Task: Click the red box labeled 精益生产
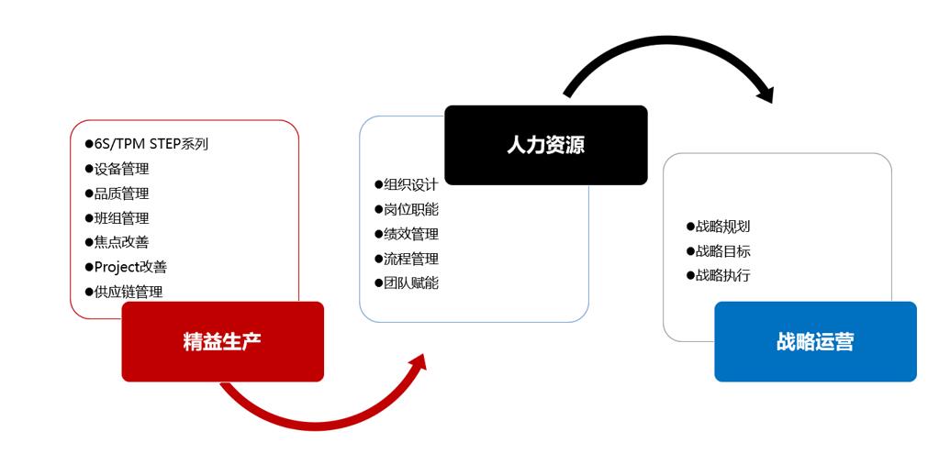[223, 341]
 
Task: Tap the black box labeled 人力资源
[546, 145]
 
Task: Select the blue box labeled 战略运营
[816, 341]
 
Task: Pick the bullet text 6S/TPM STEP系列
[147, 144]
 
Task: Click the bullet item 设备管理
[117, 169]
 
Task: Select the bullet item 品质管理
[117, 194]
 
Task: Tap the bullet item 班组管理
[117, 218]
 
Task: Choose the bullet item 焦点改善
[117, 242]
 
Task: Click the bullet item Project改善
[126, 267]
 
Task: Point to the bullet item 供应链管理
[124, 292]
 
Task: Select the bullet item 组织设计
[407, 184]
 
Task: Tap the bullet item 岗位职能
[407, 209]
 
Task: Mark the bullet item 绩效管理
[407, 234]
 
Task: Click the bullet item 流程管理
[407, 259]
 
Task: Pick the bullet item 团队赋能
[407, 283]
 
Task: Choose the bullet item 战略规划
[718, 227]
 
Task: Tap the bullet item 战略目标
[718, 251]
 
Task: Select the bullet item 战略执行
[718, 275]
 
